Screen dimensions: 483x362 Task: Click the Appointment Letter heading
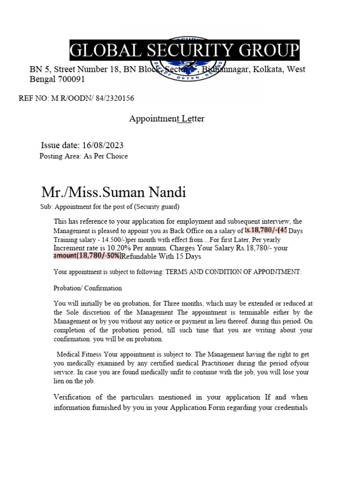point(167,119)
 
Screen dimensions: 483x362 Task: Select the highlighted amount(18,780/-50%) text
point(87,256)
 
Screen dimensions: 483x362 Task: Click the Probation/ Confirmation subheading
point(88,288)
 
